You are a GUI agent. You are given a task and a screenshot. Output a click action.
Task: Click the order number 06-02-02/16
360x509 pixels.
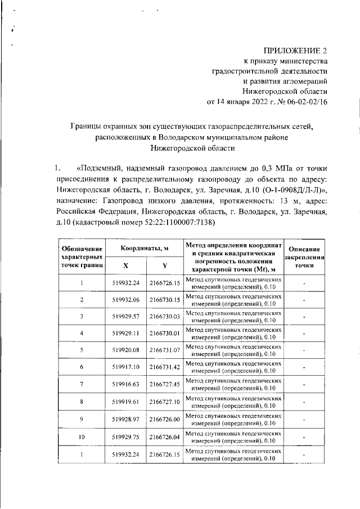coord(307,102)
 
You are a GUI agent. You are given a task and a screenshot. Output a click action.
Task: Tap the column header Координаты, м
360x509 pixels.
coord(144,248)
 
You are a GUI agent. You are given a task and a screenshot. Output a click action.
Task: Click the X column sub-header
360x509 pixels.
coord(125,265)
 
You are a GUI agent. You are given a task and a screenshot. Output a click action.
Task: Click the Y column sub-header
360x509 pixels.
coord(164,265)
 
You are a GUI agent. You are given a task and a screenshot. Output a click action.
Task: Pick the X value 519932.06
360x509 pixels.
coord(126,300)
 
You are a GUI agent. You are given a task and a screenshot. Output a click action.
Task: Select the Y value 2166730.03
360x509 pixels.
coord(164,317)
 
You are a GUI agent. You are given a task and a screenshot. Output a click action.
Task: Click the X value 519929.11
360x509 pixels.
coord(126,334)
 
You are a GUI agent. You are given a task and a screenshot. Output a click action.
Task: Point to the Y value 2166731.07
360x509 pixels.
coord(164,350)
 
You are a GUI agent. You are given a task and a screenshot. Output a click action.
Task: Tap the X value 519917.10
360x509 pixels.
coord(126,367)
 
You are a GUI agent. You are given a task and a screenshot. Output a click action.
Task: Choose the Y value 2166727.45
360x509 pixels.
coord(164,384)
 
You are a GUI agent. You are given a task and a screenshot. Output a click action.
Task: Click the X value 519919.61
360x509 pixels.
coord(126,402)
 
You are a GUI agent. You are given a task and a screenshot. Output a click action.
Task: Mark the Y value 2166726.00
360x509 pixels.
coord(164,418)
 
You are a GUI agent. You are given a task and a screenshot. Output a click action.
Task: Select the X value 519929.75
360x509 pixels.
coord(126,436)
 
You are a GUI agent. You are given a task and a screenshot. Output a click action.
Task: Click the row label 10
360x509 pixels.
coord(82,436)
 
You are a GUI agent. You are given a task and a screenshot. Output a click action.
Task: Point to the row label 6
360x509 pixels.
coord(82,367)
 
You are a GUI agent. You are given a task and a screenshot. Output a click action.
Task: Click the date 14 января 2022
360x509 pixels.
coord(245,102)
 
